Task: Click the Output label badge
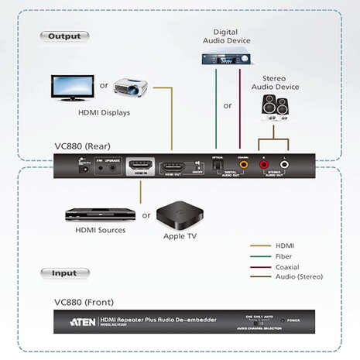coord(63,36)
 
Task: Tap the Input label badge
coord(63,273)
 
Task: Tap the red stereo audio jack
coord(265,164)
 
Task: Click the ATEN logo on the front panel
coord(83,320)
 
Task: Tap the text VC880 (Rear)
coord(81,146)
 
